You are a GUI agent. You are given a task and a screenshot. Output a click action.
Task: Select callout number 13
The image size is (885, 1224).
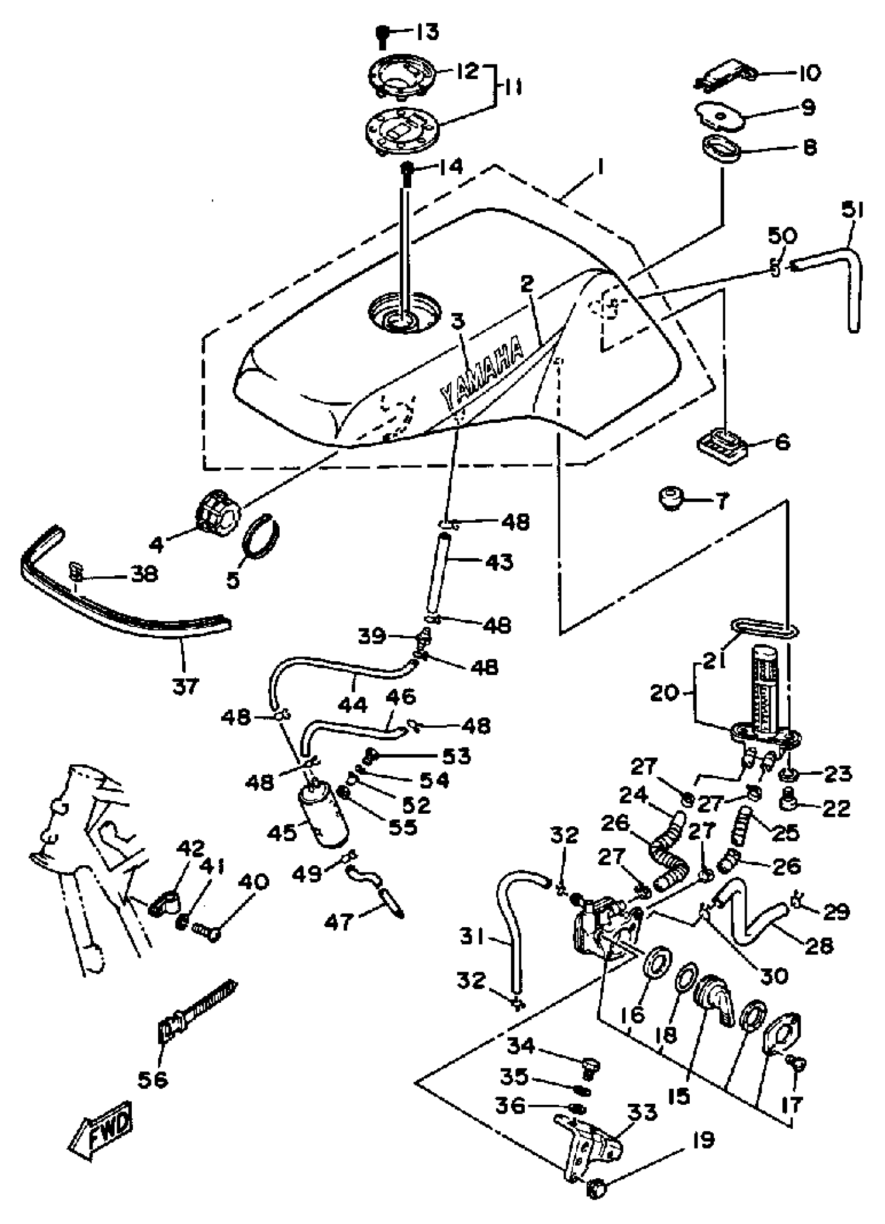pos(427,33)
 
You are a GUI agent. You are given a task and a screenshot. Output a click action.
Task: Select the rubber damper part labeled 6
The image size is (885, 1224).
pos(720,446)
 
